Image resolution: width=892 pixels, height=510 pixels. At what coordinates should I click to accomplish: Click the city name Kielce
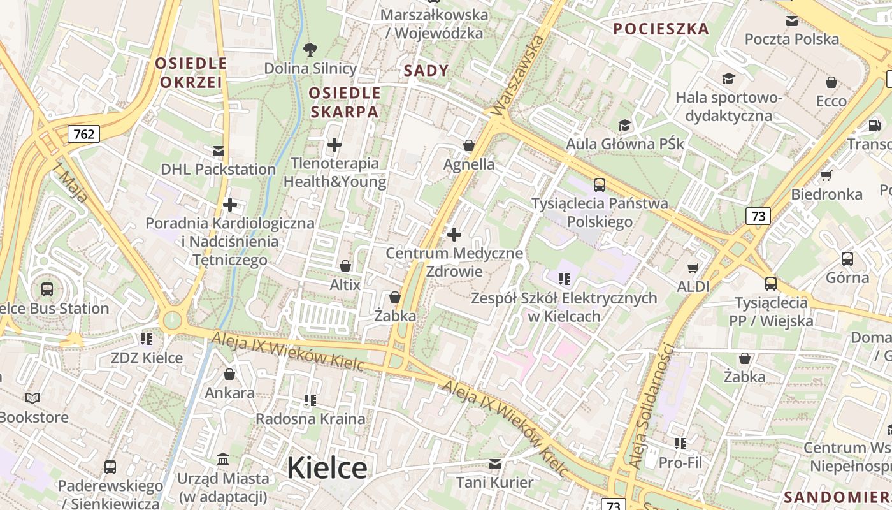327,469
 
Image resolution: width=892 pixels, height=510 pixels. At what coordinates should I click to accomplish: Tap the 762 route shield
83,134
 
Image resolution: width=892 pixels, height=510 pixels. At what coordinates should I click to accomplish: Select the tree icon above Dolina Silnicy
310,49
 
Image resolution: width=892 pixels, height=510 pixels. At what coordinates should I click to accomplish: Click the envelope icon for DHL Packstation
219,151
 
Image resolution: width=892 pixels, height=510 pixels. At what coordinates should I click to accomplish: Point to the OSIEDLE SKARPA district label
344,103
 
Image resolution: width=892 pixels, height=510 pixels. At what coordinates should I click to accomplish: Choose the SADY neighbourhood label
426,71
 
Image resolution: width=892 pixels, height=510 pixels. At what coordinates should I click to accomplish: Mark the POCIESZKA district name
661,29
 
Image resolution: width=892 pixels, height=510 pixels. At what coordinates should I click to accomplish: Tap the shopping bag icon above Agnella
469,146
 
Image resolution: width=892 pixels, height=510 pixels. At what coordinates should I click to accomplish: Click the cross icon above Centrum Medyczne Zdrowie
454,235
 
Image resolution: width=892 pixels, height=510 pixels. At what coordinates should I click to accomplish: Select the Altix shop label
345,285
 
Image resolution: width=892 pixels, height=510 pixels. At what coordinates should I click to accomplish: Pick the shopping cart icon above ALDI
693,268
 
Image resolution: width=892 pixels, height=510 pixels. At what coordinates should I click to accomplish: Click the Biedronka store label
826,194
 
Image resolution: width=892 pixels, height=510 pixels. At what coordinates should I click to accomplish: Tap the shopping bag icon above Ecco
831,82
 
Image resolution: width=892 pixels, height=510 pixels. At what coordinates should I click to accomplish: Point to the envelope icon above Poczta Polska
792,21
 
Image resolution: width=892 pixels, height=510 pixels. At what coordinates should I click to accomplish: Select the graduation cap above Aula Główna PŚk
624,125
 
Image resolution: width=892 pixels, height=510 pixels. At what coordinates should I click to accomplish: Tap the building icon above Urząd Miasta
223,460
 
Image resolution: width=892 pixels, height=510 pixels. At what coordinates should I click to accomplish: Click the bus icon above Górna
847,259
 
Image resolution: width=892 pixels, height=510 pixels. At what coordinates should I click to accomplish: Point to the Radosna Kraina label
310,419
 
